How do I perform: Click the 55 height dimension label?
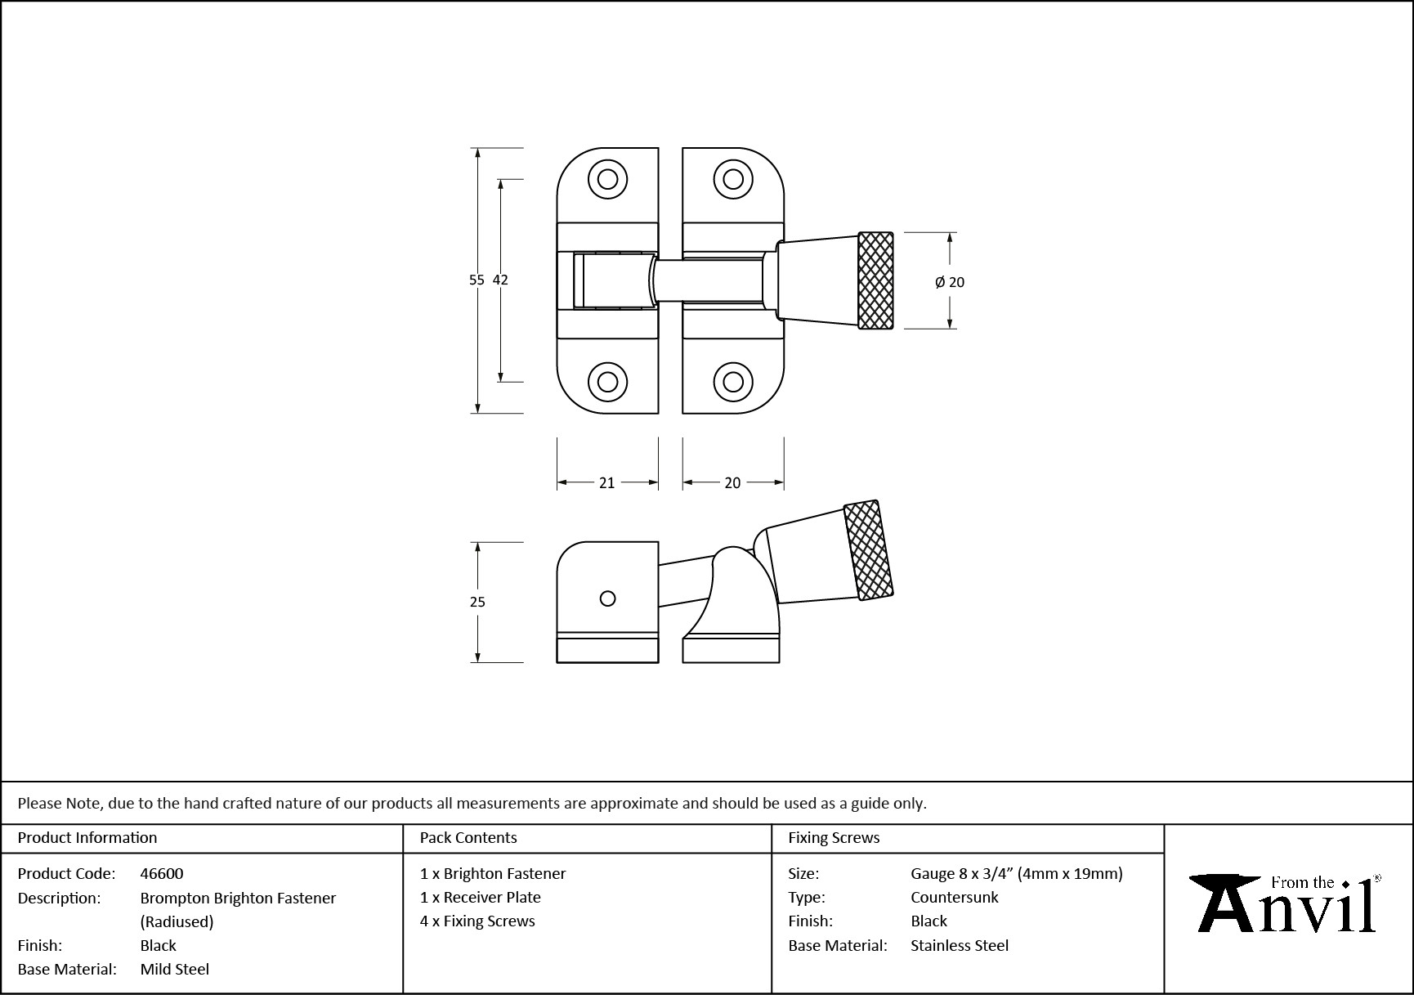(477, 280)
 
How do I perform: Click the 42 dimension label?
(500, 280)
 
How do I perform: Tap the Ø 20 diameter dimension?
(950, 282)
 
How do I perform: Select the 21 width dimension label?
(606, 483)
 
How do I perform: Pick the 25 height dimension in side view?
(477, 602)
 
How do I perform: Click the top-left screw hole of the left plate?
(607, 179)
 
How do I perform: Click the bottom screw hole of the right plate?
(733, 382)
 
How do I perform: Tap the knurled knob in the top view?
(875, 280)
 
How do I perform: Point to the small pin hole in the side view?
(607, 598)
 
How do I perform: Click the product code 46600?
(162, 873)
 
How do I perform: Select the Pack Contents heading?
(468, 838)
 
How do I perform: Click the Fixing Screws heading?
(834, 838)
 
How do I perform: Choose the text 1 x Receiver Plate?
(481, 897)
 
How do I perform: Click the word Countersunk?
(954, 897)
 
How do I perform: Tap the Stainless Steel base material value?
(960, 945)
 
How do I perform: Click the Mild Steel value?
(175, 969)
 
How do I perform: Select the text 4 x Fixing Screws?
(477, 921)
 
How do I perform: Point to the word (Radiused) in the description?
(177, 921)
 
